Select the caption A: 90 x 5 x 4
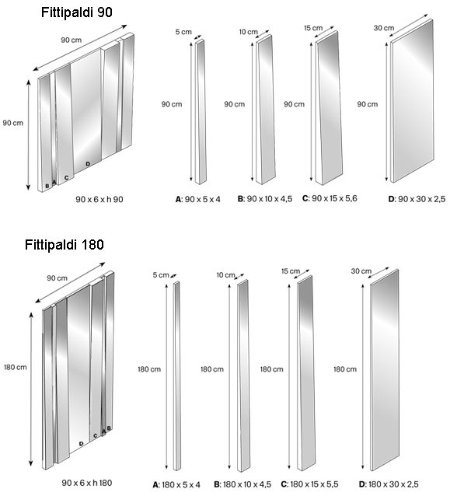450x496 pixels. (198, 200)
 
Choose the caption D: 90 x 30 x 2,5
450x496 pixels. (406, 200)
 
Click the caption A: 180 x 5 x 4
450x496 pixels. (176, 485)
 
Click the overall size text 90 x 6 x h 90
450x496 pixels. (100, 200)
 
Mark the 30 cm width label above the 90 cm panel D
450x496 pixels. (383, 28)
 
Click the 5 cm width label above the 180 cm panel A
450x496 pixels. (161, 274)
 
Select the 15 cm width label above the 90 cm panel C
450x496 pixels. (312, 28)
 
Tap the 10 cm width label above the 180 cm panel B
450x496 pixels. (225, 274)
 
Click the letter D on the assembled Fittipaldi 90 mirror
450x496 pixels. (88, 163)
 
